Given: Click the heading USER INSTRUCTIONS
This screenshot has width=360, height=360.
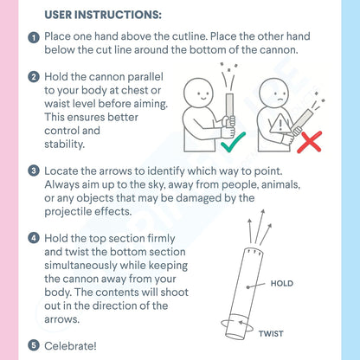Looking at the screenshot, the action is [x=103, y=15].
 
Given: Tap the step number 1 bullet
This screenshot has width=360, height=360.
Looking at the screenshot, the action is [x=34, y=37].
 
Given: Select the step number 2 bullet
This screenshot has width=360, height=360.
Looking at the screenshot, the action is [x=34, y=77].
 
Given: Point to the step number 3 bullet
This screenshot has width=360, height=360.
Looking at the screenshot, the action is [x=34, y=171].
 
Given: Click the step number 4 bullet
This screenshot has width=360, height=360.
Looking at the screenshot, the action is [x=34, y=238].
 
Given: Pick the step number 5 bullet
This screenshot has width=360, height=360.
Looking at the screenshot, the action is [x=34, y=345].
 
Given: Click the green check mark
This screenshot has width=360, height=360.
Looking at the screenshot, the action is [x=233, y=142].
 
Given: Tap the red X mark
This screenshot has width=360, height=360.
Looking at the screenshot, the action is [x=310, y=142].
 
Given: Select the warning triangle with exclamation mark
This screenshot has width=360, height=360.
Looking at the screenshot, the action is [x=280, y=124].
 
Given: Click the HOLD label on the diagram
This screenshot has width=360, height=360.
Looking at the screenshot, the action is [x=282, y=283].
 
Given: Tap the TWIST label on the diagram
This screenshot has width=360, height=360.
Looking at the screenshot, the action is [x=271, y=334].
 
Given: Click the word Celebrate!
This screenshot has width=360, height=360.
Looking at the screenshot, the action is [x=70, y=346].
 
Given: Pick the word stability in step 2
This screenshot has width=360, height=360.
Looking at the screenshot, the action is [x=64, y=145].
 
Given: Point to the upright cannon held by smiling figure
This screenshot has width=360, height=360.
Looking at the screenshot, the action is [x=230, y=110].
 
